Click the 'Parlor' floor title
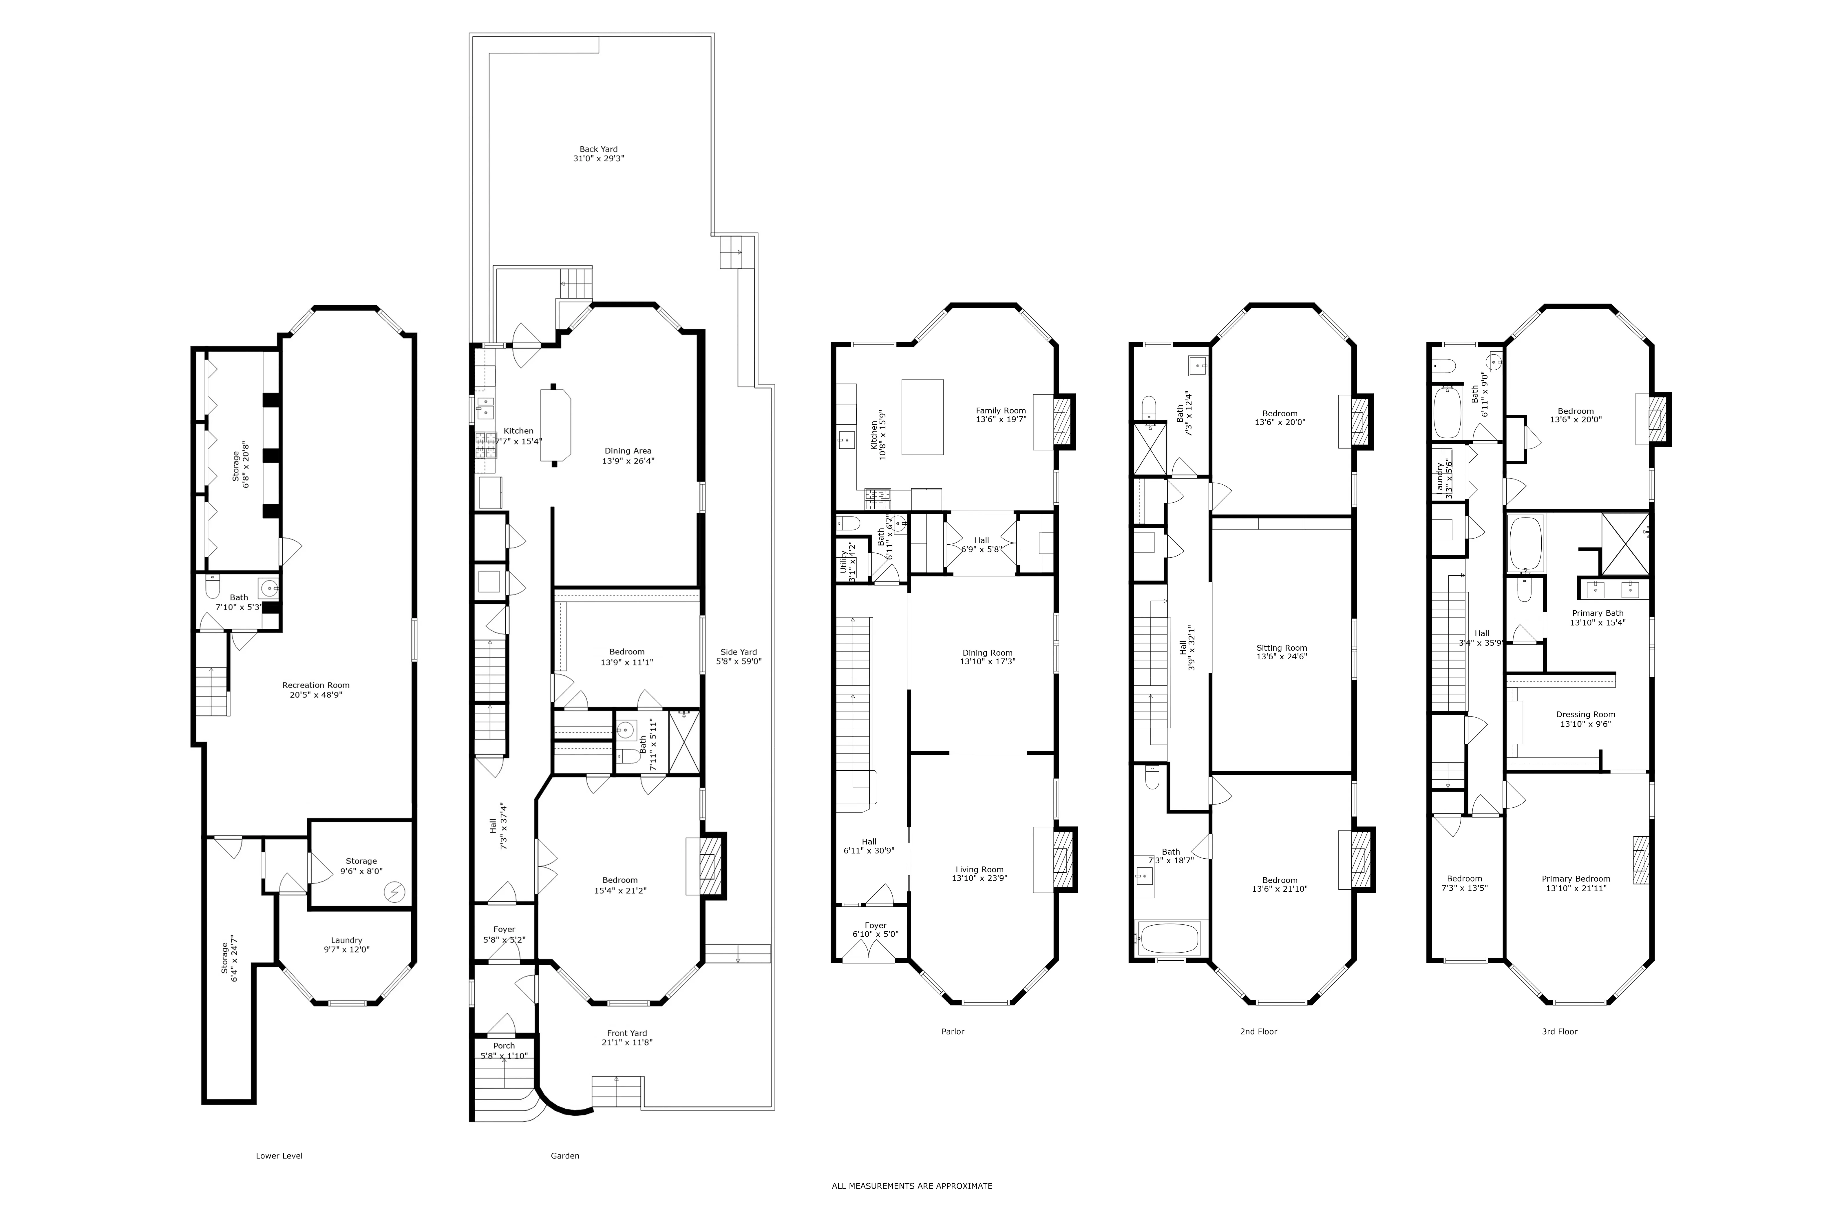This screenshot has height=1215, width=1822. [952, 1031]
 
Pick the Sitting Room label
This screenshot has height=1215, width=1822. [1281, 648]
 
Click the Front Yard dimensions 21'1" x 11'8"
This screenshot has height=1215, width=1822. [627, 1043]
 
